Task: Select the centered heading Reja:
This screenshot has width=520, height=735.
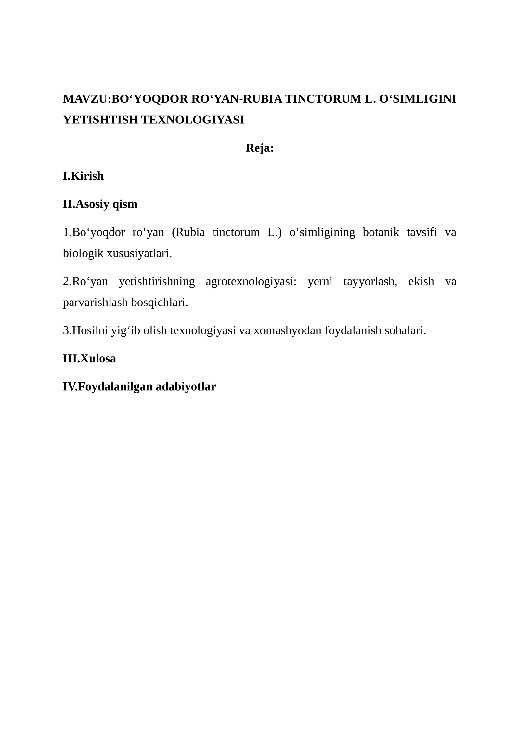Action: pos(260,148)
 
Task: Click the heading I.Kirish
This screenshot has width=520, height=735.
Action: pos(83,176)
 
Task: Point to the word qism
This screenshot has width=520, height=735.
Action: pos(125,204)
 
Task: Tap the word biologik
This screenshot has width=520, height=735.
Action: pos(83,253)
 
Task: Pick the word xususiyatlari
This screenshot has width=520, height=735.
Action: pos(139,253)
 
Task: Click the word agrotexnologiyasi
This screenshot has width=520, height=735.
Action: pos(251,281)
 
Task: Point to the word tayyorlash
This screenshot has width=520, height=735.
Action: pos(370,281)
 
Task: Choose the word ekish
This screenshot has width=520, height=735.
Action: pos(421,281)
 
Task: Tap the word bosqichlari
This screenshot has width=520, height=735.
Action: pos(159,303)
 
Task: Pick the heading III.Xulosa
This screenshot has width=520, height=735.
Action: pos(89,358)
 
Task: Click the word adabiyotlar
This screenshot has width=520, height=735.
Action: pos(186,387)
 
